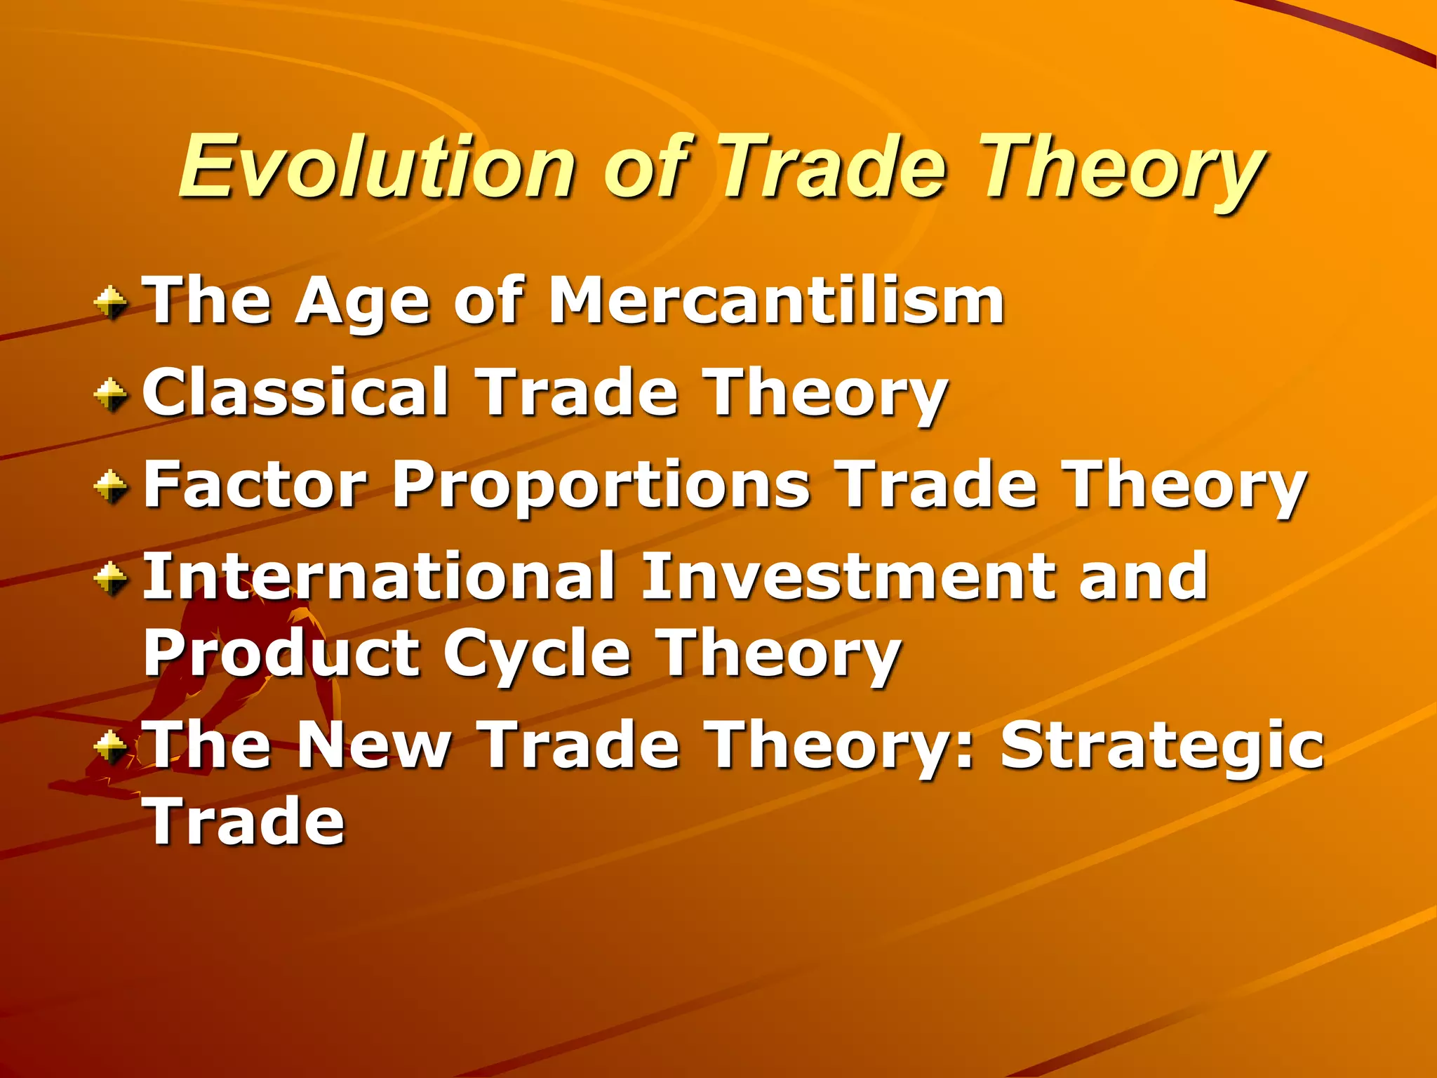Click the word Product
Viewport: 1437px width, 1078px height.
tap(281, 654)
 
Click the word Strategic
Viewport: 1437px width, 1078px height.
tap(1162, 747)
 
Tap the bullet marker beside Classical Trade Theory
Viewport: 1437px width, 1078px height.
tap(111, 394)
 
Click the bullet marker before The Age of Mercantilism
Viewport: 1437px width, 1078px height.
tap(111, 303)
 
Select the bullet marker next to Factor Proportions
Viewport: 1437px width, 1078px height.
tap(111, 486)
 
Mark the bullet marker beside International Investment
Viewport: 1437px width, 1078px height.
tap(111, 578)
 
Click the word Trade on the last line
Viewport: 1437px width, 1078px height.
tap(244, 820)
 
